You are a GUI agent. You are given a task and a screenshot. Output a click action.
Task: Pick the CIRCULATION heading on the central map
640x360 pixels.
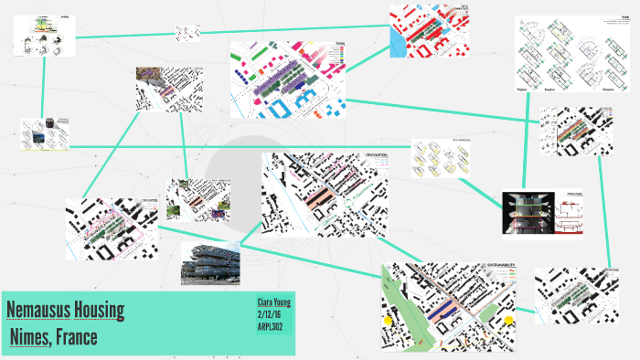[377, 156]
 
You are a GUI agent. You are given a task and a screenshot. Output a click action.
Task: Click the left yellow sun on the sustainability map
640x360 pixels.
[389, 321]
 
